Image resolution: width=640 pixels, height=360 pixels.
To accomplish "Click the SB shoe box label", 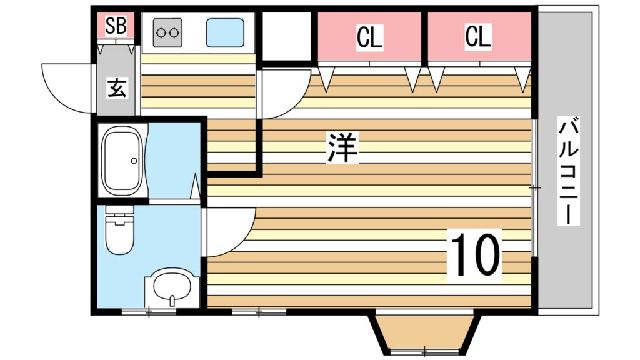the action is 116,25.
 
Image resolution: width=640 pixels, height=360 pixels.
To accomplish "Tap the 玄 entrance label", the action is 117,87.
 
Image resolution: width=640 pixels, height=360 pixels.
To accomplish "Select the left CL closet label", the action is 369,37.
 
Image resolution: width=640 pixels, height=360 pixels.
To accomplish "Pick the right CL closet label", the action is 477,36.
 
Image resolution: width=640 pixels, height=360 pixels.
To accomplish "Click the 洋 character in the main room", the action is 342,147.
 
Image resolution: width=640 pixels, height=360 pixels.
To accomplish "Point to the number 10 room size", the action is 475,256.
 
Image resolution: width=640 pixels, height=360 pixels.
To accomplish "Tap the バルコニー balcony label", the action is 569,171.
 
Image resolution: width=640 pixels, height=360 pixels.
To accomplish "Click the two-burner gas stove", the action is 167,32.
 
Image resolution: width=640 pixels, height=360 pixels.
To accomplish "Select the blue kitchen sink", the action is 225,32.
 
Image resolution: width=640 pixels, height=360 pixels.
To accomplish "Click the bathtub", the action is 122,161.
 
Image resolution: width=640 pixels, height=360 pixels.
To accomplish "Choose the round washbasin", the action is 172,286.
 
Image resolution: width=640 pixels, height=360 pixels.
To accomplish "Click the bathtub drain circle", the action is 134,161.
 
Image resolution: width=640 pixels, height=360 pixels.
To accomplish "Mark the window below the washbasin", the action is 149,312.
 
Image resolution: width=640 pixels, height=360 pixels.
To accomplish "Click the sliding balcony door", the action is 535,187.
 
